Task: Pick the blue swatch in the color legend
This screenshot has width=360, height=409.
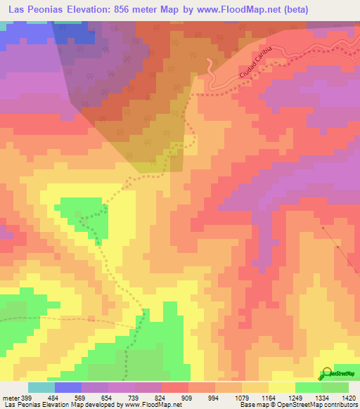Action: tap(68, 387)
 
